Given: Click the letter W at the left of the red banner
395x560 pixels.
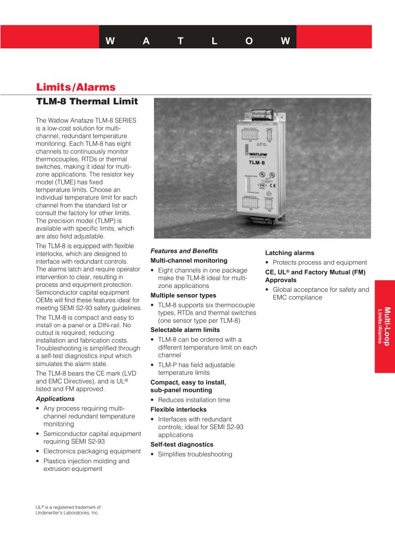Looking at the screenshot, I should tap(110, 41).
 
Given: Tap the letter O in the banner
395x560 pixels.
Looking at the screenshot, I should tap(249, 41).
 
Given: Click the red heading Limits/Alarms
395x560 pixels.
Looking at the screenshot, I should tap(76, 87).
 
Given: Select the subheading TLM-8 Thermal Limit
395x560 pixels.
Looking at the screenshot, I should tap(87, 102).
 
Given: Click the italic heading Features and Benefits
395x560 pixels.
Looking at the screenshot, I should tap(184, 251).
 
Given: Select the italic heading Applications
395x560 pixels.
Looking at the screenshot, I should tap(55, 399).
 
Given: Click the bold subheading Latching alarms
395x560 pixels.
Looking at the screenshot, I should tap(290, 253).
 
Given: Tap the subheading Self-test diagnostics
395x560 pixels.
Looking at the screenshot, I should tap(182, 445).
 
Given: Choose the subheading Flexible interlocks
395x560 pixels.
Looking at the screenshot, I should tap(178, 410).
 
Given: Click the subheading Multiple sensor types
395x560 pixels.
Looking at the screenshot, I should tap(183, 296).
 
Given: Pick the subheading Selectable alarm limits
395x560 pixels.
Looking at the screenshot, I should tap(185, 330).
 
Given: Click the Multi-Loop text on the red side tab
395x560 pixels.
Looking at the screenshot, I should tap(387, 326).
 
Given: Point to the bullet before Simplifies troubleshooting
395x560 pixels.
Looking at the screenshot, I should tap(153, 455).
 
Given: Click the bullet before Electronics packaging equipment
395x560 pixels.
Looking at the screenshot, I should tap(38, 451).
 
